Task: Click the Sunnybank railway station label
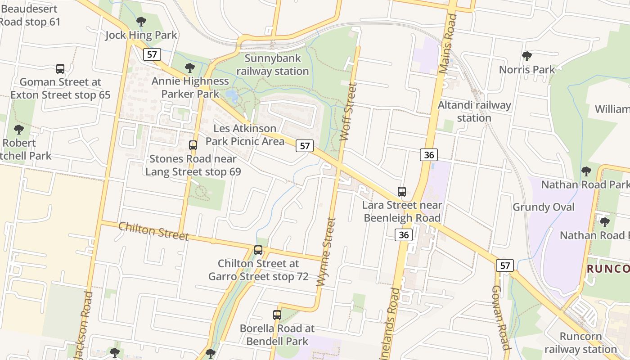tap(273, 65)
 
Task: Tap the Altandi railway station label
tap(474, 112)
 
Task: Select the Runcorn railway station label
tap(580, 343)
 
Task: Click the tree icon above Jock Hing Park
tap(141, 21)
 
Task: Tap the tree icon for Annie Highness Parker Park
tap(190, 68)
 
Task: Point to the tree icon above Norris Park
tap(527, 56)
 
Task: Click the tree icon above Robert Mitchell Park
tap(18, 130)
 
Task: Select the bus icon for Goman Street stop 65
tap(60, 69)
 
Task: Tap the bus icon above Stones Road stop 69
tap(193, 145)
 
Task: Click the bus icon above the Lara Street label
tap(402, 192)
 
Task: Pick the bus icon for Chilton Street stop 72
tap(258, 250)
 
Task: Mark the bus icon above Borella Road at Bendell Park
tap(277, 315)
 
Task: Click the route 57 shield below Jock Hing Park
tap(152, 54)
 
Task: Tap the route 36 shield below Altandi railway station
tap(429, 155)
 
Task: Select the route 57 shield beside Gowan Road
tap(505, 265)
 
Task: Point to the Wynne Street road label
tap(327, 252)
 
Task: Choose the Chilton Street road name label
tap(153, 231)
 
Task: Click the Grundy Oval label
tap(544, 207)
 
